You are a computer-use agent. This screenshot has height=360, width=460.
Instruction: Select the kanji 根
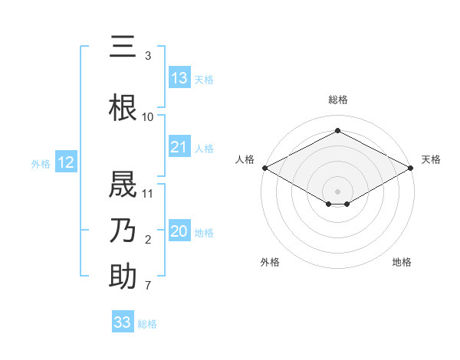123,107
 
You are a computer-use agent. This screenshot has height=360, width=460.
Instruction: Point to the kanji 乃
123,230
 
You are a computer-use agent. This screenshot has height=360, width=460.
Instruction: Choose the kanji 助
123,277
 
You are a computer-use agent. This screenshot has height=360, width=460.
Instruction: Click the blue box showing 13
179,77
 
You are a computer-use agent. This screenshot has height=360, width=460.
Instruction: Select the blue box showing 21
179,147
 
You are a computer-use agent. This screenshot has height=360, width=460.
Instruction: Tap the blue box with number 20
179,231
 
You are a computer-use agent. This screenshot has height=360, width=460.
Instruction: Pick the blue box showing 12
66,162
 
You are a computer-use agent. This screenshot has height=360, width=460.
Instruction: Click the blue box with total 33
123,322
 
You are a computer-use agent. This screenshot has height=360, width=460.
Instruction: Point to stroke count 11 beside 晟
149,194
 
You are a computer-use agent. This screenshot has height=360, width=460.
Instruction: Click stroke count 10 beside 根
148,116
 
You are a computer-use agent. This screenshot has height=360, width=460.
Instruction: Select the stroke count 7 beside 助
148,286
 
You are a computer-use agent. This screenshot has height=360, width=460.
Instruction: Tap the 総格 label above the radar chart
337,100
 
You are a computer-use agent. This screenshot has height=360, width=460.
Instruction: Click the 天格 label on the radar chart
431,159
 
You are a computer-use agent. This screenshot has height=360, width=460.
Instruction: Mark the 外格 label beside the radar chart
270,262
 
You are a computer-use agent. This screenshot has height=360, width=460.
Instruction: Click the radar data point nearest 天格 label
412,167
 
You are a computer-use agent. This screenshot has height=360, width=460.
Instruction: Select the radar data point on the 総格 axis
337,131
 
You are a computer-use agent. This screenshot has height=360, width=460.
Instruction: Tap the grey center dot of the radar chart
337,191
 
